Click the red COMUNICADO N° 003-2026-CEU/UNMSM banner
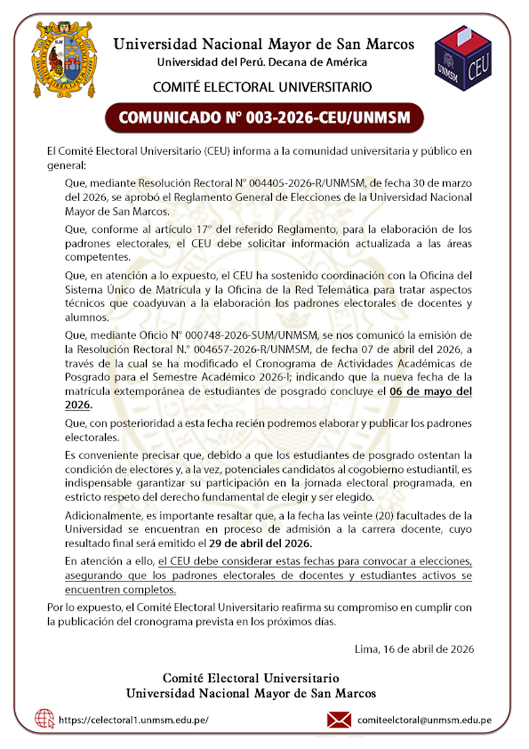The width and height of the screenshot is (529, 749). (x=264, y=118)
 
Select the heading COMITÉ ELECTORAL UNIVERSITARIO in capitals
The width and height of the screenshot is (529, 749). (x=262, y=87)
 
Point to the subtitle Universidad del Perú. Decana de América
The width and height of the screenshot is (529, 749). (x=262, y=62)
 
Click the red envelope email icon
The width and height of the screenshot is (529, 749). (x=339, y=719)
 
